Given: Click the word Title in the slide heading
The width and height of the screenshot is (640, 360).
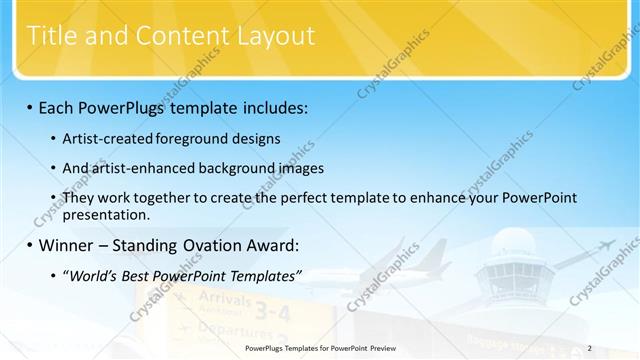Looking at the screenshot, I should (46, 36).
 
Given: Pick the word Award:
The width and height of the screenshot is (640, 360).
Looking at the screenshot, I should (271, 245).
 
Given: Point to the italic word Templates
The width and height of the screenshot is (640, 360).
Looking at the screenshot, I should (258, 275).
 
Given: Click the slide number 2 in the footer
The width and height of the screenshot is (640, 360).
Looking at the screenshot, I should (590, 348).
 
